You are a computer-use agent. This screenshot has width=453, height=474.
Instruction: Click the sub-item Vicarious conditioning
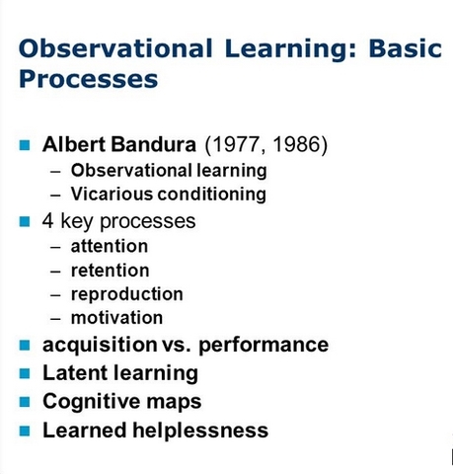click(168, 195)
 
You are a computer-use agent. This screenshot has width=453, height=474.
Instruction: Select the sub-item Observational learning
click(168, 170)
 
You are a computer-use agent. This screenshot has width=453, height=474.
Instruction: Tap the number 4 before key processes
click(48, 220)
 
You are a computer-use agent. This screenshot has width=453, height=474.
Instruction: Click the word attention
click(109, 246)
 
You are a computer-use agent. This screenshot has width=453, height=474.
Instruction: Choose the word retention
click(110, 270)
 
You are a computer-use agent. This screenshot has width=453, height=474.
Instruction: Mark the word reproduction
click(126, 294)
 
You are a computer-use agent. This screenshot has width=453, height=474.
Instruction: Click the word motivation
click(116, 318)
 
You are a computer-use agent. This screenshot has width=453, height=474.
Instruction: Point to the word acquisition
click(95, 346)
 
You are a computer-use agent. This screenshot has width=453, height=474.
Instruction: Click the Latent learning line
click(119, 373)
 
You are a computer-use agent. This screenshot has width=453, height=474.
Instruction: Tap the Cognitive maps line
click(121, 402)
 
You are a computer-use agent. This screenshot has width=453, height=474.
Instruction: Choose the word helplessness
click(201, 431)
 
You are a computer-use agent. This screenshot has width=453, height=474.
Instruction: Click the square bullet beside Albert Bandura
click(26, 145)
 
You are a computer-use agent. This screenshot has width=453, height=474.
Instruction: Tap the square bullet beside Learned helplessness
click(26, 431)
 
